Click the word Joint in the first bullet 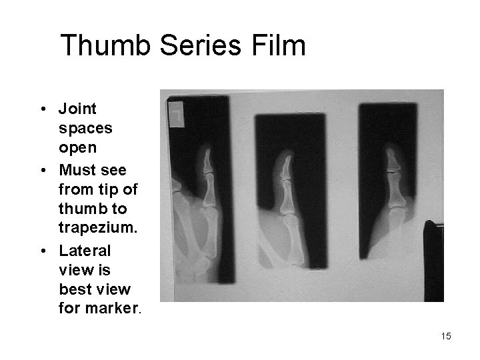78,108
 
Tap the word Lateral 85,251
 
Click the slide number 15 445,336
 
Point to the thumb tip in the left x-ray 207,153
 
